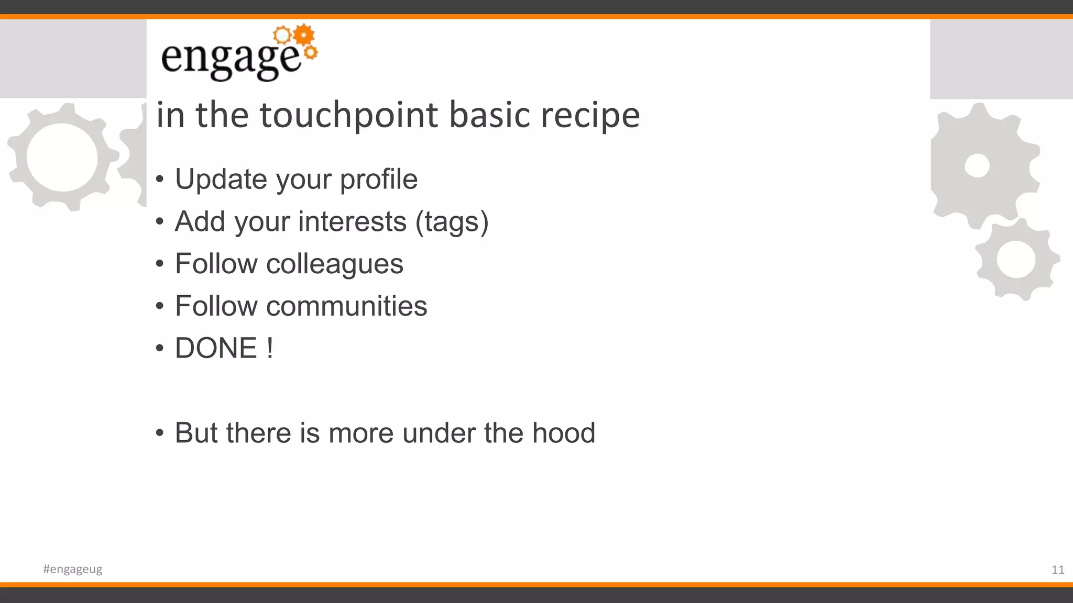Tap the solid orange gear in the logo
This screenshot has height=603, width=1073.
pos(304,35)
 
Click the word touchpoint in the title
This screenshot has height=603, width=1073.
pos(348,115)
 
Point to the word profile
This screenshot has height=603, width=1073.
pos(378,180)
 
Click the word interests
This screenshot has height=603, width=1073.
pos(352,221)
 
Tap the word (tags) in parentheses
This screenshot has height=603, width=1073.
pos(452,222)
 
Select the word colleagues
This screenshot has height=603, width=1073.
pos(334,264)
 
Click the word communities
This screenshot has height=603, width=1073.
pos(346,306)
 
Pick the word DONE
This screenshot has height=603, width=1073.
pos(216,349)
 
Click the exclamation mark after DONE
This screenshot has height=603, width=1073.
pos(270,349)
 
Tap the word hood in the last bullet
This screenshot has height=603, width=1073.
pos(564,433)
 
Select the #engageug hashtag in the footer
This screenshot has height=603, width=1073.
pos(73,569)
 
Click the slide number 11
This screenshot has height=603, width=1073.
pos(1057,570)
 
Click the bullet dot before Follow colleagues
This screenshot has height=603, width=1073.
pos(160,264)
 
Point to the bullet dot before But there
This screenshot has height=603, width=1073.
pos(160,433)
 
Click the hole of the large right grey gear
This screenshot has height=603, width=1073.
pos(977,166)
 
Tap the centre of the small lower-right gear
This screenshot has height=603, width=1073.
pos(1016,260)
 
